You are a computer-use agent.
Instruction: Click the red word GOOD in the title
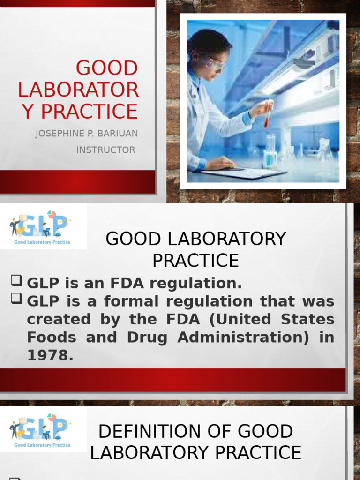pos(107,68)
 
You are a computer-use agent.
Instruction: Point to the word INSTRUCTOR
pos(105,150)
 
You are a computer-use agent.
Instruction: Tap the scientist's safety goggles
pos(215,65)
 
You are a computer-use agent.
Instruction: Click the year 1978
pos(50,355)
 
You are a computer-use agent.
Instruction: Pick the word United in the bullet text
pos(243,319)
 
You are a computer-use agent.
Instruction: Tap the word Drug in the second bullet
pos(146,337)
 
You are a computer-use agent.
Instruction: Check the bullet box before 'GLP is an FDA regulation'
pos(16,281)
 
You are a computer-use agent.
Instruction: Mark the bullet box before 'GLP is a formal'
pos(16,299)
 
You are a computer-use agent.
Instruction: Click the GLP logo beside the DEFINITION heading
pos(40,428)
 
